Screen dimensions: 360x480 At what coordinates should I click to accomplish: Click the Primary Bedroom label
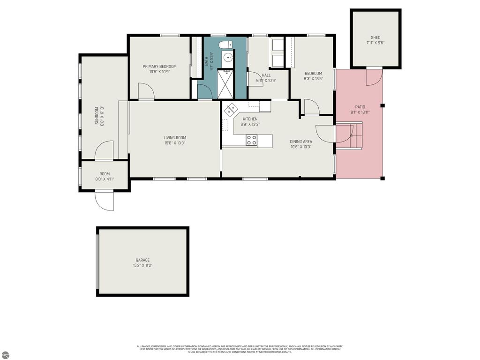(159, 67)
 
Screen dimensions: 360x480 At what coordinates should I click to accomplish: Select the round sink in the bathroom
(228, 58)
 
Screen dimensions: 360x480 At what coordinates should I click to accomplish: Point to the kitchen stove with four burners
(252, 139)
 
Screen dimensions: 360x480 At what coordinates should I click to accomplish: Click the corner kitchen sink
(231, 111)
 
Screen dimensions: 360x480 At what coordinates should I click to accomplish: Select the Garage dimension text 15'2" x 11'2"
(142, 266)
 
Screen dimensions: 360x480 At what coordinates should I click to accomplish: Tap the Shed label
(375, 37)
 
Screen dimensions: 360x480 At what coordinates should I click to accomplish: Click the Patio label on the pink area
(360, 107)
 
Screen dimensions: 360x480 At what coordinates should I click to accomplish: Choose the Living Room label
(174, 138)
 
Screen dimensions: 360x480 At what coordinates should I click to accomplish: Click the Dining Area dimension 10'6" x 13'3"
(300, 147)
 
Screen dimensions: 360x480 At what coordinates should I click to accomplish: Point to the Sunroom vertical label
(97, 116)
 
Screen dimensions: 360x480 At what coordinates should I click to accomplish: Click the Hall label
(266, 75)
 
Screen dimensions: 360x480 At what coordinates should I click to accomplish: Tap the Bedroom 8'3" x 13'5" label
(313, 73)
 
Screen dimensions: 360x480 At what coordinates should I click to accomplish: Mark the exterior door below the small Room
(104, 201)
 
